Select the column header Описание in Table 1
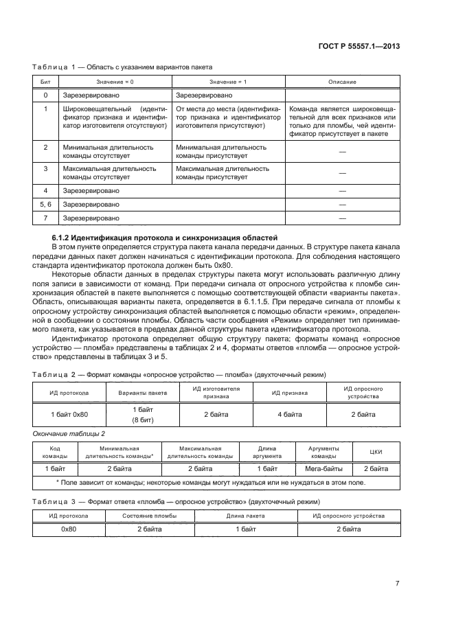click(342, 82)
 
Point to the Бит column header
click(45, 82)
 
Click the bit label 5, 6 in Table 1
click(45, 204)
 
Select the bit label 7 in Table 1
click(45, 218)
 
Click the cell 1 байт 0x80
click(69, 414)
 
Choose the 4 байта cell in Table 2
click(288, 414)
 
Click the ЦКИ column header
click(375, 452)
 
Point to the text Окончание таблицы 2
click(69, 434)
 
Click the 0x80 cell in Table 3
click(68, 529)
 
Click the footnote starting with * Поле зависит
click(210, 482)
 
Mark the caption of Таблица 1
click(122, 67)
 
